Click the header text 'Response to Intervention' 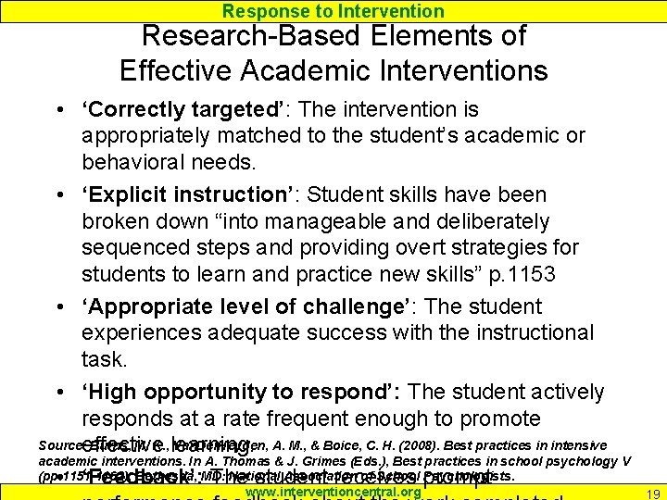(333, 11)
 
